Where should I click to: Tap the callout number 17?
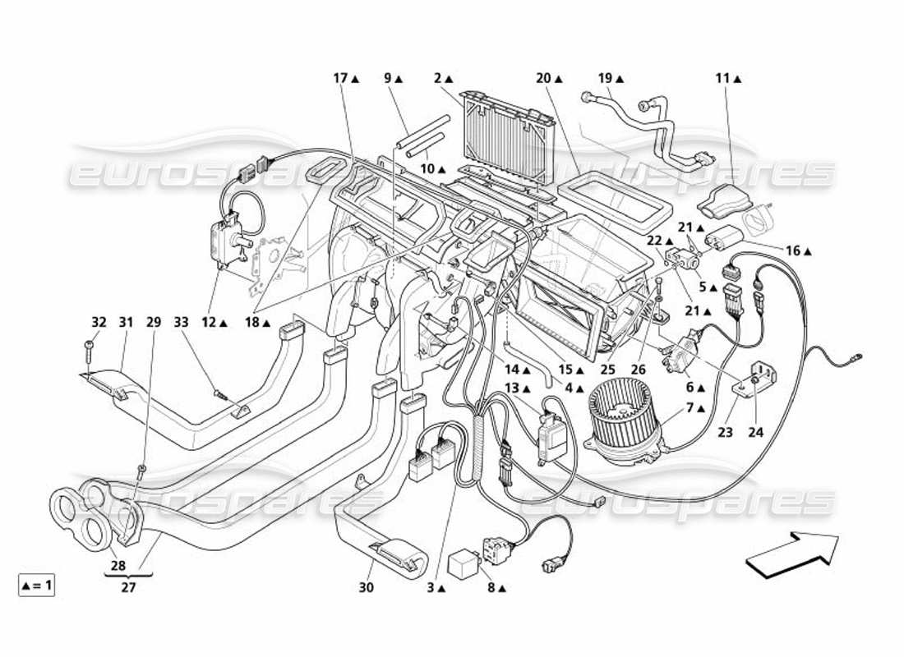click(x=341, y=79)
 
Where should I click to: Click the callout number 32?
click(x=99, y=322)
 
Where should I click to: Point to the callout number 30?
click(x=366, y=588)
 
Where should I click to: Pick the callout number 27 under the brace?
click(x=127, y=588)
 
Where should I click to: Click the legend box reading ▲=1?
click(x=36, y=586)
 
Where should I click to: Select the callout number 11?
click(x=722, y=79)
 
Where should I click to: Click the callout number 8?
click(x=490, y=588)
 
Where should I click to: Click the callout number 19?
click(x=606, y=79)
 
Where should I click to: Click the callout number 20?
click(x=543, y=79)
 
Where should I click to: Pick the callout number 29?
click(x=153, y=322)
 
